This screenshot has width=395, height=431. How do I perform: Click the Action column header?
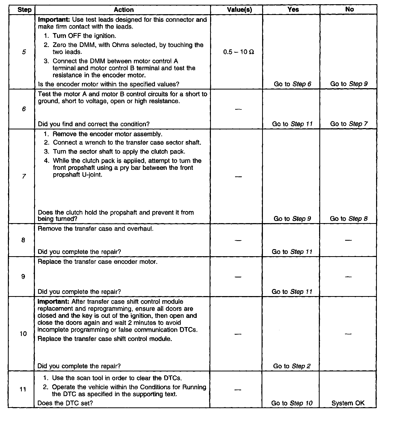124,10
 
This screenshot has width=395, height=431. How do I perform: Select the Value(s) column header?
239,10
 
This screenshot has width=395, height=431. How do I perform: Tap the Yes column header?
293,9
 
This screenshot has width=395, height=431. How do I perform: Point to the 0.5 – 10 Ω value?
238,52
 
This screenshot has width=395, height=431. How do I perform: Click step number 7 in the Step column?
24,176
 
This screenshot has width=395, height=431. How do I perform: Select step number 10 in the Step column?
23,334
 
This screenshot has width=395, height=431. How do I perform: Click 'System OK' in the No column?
348,403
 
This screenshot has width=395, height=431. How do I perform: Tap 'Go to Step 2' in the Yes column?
292,366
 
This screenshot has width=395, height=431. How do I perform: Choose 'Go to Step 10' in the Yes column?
292,403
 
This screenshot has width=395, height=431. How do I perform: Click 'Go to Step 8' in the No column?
349,219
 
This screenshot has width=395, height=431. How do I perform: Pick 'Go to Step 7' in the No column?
349,124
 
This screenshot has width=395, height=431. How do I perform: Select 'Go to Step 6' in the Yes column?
292,84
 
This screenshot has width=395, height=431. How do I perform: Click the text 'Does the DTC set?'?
65,403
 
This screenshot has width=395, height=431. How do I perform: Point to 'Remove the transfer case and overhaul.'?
96,228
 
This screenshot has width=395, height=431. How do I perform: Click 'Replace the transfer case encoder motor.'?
98,262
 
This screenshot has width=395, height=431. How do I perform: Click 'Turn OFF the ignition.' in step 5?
84,36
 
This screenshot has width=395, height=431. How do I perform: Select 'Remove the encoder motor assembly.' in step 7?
107,134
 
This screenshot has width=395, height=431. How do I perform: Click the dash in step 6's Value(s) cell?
238,109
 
